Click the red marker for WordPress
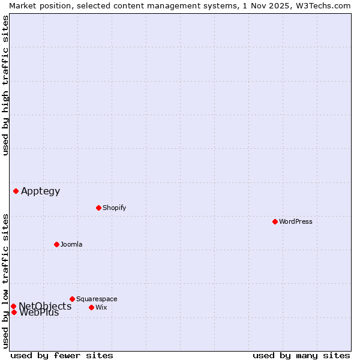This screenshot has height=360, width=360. click(275, 221)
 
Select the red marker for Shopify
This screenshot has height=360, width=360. click(98, 208)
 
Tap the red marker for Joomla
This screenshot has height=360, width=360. click(56, 244)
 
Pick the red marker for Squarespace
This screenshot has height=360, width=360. click(72, 299)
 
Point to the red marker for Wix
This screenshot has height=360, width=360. click(91, 307)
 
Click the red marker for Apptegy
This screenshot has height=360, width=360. click(16, 191)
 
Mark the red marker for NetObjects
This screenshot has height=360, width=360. click(13, 306)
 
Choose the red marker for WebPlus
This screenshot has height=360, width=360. click(14, 312)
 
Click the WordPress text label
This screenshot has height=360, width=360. click(296, 221)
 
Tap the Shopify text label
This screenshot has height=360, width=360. click(114, 208)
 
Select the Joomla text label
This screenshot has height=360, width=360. click(71, 244)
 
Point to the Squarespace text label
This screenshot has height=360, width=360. click(97, 299)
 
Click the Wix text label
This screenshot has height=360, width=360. click(101, 307)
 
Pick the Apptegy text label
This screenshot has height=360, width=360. click(41, 191)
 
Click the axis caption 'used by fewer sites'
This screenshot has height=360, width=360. click(62, 355)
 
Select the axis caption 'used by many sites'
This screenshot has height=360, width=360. click(301, 355)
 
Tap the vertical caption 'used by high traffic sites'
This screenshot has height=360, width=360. click(5, 85)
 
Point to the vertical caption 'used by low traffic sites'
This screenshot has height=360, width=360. click(5, 281)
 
